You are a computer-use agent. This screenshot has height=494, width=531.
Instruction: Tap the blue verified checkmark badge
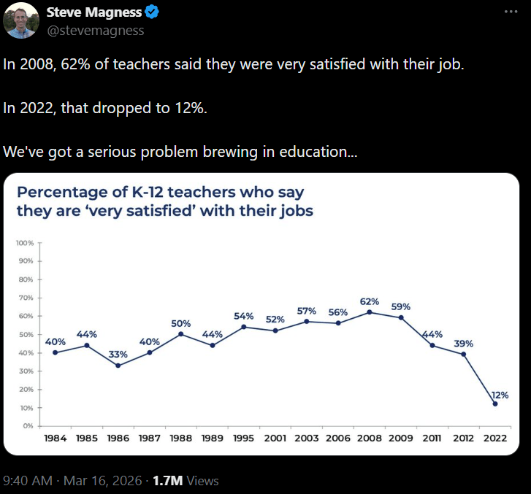click(151, 12)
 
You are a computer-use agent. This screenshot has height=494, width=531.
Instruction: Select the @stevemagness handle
click(96, 30)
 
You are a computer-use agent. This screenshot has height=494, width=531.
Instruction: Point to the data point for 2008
click(370, 312)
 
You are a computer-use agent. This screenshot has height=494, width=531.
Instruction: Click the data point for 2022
click(495, 404)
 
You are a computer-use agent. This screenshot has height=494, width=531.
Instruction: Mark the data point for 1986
click(118, 366)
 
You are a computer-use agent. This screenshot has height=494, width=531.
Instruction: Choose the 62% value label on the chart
click(370, 301)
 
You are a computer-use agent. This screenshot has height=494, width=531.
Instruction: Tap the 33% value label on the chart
click(118, 354)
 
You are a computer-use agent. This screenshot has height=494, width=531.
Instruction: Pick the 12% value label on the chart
click(500, 394)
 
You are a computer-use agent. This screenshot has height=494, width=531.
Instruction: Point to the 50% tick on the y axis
click(26, 334)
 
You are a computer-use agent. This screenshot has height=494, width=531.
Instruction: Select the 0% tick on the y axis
click(28, 426)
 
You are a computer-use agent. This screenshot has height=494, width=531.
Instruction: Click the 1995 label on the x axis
click(243, 438)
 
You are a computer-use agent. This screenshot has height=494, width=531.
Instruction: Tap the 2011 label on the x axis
click(432, 438)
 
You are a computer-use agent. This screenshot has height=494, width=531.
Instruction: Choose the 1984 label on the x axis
click(55, 438)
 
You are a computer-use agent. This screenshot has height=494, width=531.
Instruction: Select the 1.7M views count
click(167, 481)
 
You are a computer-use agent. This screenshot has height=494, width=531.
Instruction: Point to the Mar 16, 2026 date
click(107, 481)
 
